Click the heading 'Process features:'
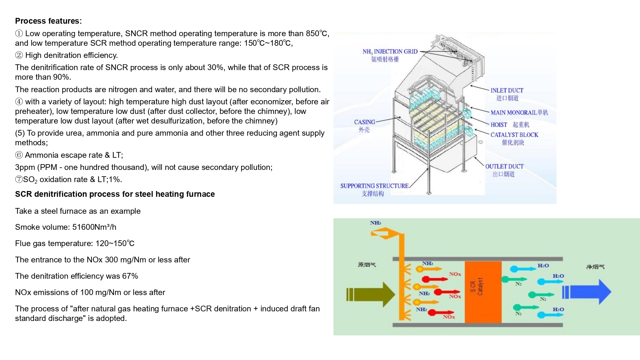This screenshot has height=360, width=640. pyautogui.click(x=48, y=21)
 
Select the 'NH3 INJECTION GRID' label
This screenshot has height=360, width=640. pyautogui.click(x=390, y=52)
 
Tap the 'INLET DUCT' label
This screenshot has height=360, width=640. pyautogui.click(x=507, y=91)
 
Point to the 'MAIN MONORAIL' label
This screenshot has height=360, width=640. pyautogui.click(x=514, y=113)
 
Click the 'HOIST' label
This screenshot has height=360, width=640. pyautogui.click(x=499, y=125)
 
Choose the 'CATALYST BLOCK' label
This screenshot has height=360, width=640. pyautogui.click(x=514, y=135)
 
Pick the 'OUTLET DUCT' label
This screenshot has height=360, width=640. pyautogui.click(x=504, y=166)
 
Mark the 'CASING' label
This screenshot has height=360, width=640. pyautogui.click(x=364, y=122)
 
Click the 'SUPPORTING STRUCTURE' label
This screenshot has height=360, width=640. pyautogui.click(x=374, y=186)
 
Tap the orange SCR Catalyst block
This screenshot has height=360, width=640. pyautogui.click(x=483, y=292)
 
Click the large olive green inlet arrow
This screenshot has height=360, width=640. pyautogui.click(x=371, y=294)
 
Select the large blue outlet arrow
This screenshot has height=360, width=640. pyautogui.click(x=589, y=292)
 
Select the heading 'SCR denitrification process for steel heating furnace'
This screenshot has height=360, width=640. pyautogui.click(x=115, y=194)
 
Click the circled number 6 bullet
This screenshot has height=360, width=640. pyautogui.click(x=19, y=155)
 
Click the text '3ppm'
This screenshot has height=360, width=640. pyautogui.click(x=25, y=167)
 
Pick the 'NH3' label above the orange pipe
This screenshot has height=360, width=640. pyautogui.click(x=375, y=223)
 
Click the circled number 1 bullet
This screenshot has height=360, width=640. pyautogui.click(x=19, y=34)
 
